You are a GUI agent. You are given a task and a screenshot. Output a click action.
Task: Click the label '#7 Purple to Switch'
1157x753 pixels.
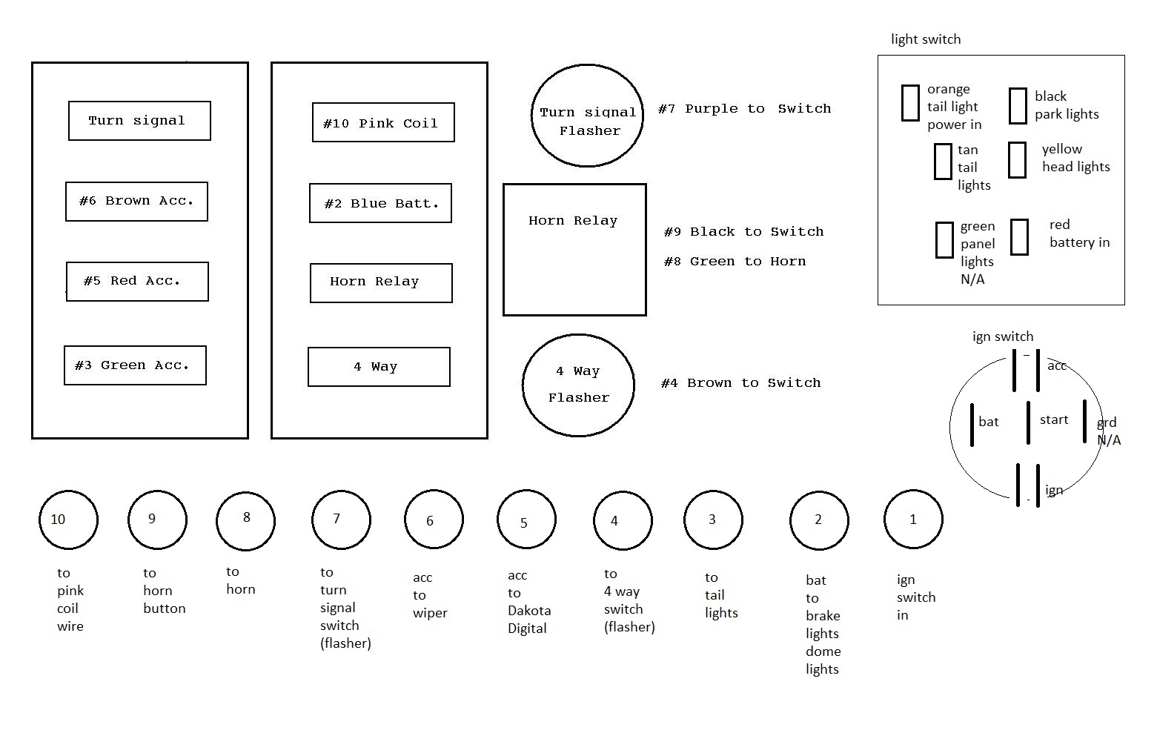744,109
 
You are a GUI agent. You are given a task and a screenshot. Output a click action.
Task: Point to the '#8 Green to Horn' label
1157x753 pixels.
735,262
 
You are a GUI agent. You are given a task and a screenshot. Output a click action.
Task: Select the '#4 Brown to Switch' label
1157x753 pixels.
740,383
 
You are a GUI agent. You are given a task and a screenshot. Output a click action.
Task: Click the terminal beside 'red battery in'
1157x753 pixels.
1020,237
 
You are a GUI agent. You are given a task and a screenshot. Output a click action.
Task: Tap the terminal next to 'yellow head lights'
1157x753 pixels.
1018,160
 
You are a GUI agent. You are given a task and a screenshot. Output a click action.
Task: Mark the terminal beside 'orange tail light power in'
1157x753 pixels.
911,103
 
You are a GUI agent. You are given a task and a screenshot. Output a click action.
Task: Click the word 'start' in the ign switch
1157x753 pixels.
1054,420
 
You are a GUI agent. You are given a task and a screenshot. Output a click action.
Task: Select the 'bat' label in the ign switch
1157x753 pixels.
989,422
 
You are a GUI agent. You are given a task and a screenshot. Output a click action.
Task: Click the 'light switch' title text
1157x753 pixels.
926,39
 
